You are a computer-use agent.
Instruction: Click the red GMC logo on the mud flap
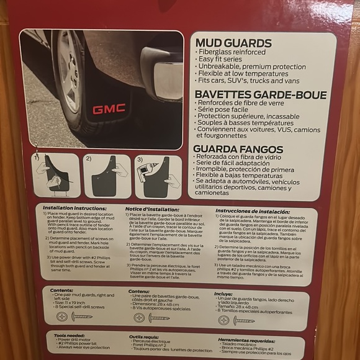(x=109, y=109)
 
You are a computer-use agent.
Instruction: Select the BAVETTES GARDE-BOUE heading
(x=260, y=94)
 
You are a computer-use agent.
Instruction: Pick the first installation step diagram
(x=55, y=176)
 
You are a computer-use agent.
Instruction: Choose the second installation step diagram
(x=107, y=176)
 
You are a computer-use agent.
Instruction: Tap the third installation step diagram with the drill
(x=158, y=176)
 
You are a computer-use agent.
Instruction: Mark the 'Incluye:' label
(x=223, y=294)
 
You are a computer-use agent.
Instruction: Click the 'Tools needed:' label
(x=69, y=335)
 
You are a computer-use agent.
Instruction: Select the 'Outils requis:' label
(x=145, y=336)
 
